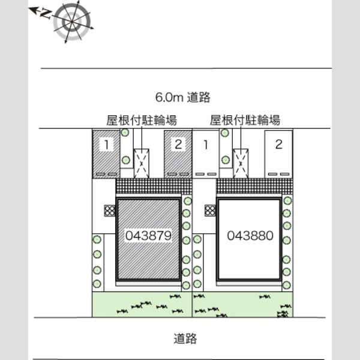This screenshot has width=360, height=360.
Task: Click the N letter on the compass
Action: point(46,14)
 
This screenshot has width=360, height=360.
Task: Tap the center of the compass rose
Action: point(71,22)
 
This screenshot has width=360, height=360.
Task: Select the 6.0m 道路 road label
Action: point(183,97)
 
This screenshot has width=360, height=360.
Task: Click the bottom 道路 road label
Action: point(185,338)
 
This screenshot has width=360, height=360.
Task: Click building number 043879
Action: point(149,236)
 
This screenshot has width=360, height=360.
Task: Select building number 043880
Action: point(250,236)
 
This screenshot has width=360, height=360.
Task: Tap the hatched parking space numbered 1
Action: point(106,154)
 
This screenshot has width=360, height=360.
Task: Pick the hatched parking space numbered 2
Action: point(178,154)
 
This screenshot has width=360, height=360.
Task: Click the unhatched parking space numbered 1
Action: point(206,154)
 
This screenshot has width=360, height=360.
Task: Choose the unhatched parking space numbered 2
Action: point(278,154)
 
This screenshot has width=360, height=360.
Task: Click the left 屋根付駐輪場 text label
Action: point(142,120)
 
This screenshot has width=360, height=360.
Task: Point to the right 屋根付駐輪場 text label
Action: point(245,120)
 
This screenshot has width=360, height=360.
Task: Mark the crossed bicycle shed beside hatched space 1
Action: point(142,163)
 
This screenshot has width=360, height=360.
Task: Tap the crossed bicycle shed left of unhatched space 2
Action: point(241,163)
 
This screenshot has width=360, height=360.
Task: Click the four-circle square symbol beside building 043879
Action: point(110,211)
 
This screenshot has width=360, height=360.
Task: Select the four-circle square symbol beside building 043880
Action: point(210,211)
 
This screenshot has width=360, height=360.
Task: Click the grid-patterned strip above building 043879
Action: point(154,186)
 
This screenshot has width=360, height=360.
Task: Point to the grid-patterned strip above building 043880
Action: point(254,186)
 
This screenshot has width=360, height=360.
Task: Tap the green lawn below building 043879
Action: point(142,304)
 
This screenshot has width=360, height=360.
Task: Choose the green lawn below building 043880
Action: point(242,304)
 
